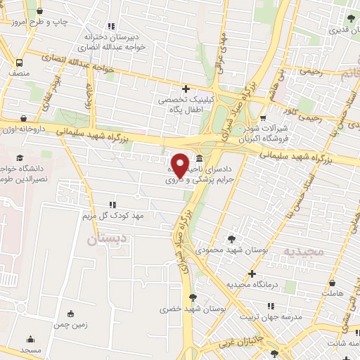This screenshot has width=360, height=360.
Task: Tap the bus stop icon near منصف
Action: point(19,62)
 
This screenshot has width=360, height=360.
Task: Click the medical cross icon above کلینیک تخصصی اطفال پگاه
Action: point(186,89)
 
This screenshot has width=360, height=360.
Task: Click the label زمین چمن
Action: point(70,326)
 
